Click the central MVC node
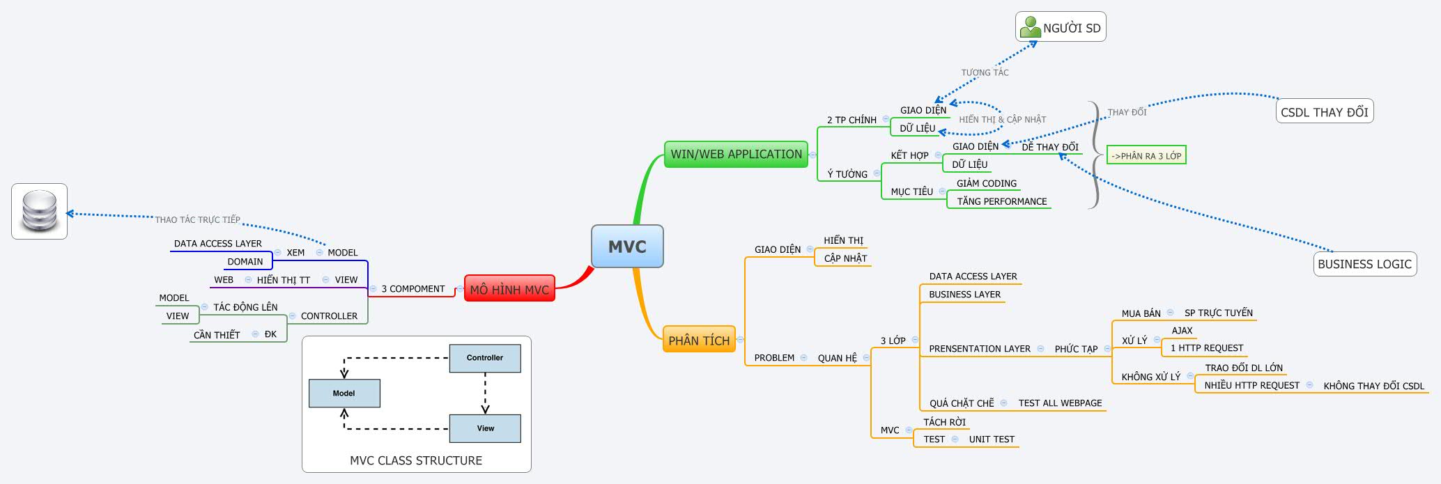pyautogui.click(x=627, y=247)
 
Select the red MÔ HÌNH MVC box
pyautogui.click(x=509, y=289)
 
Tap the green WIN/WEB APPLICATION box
pyautogui.click(x=736, y=154)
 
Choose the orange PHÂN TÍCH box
pyautogui.click(x=699, y=340)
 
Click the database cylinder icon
pyautogui.click(x=39, y=211)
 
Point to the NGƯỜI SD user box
pyautogui.click(x=1061, y=28)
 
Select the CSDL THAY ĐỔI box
pyautogui.click(x=1324, y=112)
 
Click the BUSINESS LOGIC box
pyautogui.click(x=1364, y=264)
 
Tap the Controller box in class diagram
pyautogui.click(x=485, y=358)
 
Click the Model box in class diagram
pyautogui.click(x=344, y=393)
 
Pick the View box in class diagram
pyautogui.click(x=485, y=428)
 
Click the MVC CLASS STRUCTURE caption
pyautogui.click(x=416, y=460)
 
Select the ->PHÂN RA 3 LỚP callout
pyautogui.click(x=1146, y=156)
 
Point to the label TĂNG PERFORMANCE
pyautogui.click(x=1001, y=201)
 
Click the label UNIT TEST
pyautogui.click(x=991, y=439)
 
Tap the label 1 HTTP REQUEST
pyautogui.click(x=1206, y=348)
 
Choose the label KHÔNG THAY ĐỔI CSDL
pyautogui.click(x=1373, y=386)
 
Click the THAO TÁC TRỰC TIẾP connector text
pyautogui.click(x=197, y=219)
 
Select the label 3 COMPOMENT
pyautogui.click(x=413, y=289)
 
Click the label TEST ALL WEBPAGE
pyautogui.click(x=1060, y=403)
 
